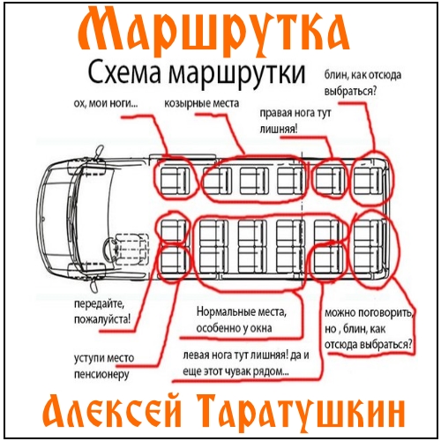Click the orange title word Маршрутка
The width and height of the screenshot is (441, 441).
[x=213, y=33]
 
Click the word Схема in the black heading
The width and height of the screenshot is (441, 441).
[x=124, y=73]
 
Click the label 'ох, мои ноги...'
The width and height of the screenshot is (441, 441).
[x=106, y=104]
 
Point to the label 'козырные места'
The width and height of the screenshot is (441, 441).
[x=201, y=104]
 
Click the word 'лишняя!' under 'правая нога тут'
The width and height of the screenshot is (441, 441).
[x=278, y=129]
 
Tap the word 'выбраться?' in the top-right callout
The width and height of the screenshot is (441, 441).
[x=350, y=92]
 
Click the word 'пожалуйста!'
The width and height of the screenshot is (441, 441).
[x=102, y=319]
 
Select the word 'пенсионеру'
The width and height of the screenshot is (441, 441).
[x=101, y=375]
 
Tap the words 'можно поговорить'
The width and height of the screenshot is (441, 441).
[x=369, y=313]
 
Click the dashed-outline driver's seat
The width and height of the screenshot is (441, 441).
[x=131, y=249]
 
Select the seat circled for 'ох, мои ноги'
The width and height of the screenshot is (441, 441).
[x=175, y=181]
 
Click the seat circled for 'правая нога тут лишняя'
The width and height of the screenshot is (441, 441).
[x=330, y=180]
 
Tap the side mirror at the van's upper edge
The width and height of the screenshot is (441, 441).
[x=99, y=153]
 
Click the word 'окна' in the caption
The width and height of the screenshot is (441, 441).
[x=260, y=328]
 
